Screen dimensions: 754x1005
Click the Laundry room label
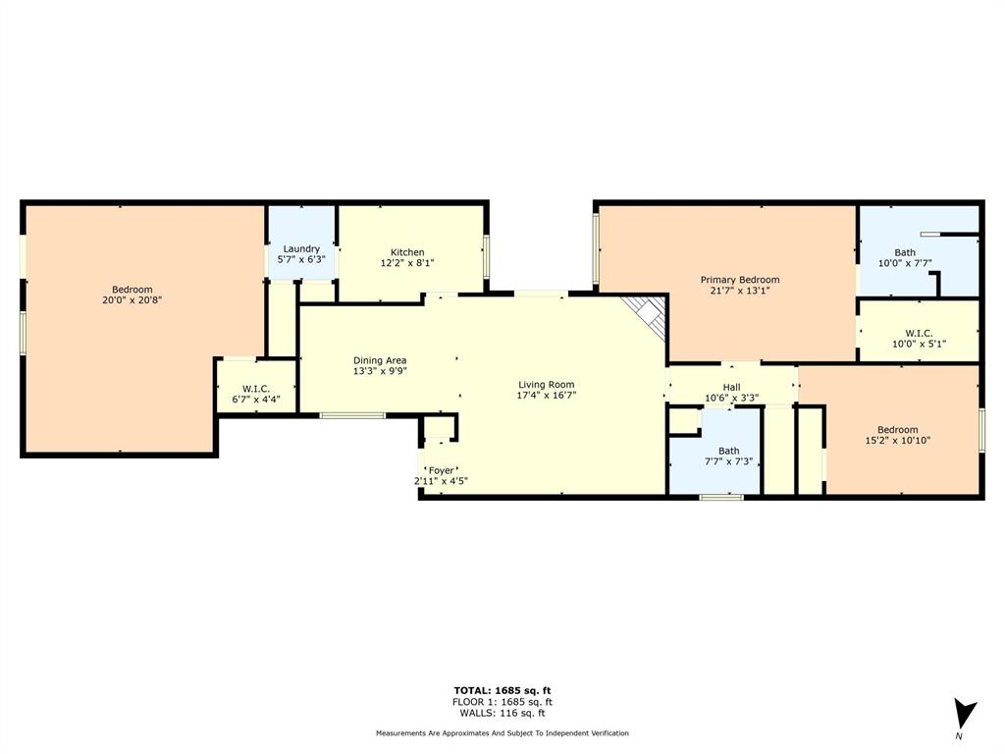point(301,249)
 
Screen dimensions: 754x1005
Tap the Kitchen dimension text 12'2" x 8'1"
point(407,263)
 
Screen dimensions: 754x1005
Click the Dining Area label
point(380,360)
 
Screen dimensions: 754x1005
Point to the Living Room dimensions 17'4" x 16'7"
point(547,396)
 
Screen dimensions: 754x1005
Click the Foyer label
point(441,470)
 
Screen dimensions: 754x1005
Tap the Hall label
point(731,387)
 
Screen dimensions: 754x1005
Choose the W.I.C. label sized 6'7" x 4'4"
point(252,389)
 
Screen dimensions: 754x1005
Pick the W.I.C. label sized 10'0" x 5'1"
point(919,333)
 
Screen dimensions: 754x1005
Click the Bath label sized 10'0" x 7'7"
point(905,252)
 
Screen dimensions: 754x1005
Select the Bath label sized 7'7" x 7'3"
point(728,451)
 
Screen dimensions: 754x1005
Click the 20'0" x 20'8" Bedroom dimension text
point(132,300)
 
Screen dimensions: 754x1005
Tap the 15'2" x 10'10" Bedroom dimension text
point(897,441)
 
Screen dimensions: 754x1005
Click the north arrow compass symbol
point(965,714)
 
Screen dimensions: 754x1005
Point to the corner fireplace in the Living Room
point(649,315)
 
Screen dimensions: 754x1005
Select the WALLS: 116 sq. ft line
point(502,713)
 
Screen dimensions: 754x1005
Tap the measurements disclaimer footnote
point(502,733)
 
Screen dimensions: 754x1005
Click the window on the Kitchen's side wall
point(487,258)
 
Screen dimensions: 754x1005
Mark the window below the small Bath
point(721,498)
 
